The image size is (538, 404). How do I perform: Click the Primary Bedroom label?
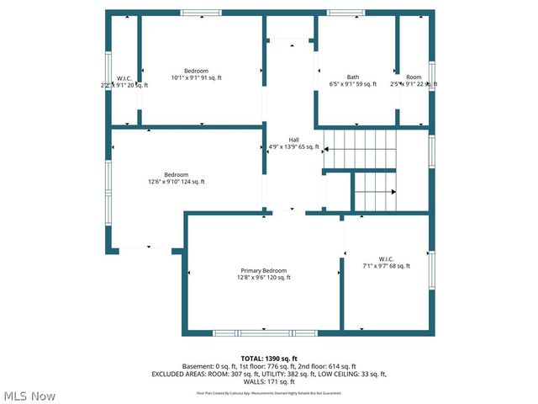pyautogui.click(x=263, y=270)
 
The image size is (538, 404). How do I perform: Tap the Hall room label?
pyautogui.click(x=293, y=140)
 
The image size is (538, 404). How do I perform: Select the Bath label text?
pyautogui.click(x=353, y=77)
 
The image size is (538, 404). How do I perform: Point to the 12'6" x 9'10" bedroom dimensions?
pyautogui.click(x=176, y=182)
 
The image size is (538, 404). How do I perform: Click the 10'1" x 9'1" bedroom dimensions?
pyautogui.click(x=202, y=77)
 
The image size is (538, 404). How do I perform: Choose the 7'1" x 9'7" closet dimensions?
pyautogui.click(x=386, y=266)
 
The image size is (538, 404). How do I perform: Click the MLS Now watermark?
pyautogui.click(x=29, y=396)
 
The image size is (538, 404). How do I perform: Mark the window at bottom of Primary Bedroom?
pyautogui.click(x=247, y=333)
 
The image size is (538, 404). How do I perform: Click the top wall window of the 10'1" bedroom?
pyautogui.click(x=202, y=13)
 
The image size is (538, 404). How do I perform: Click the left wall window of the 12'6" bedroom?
pyautogui.click(x=108, y=189)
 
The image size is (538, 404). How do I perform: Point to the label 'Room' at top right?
pyautogui.click(x=414, y=77)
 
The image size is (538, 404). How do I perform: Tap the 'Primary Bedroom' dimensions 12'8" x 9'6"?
pyautogui.click(x=263, y=278)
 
